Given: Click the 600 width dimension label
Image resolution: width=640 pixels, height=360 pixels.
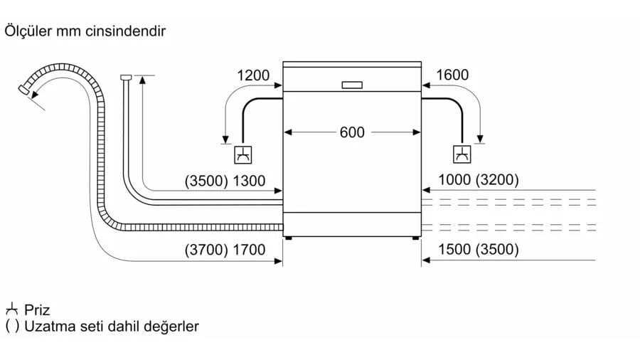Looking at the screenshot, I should tap(352, 132).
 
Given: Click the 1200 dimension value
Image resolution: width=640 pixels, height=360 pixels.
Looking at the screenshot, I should tap(253, 75).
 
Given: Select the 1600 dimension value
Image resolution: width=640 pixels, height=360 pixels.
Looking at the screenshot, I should tap(452, 75).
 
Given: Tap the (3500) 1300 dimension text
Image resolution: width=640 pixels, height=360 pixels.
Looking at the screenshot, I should tap(225, 181).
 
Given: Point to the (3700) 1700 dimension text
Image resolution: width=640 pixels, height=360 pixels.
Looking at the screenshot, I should tap(225, 250).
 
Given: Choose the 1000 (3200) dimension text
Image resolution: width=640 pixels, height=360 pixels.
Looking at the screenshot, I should tap(478, 181).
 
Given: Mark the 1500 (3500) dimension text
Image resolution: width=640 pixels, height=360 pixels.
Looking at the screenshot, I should tap(478, 250).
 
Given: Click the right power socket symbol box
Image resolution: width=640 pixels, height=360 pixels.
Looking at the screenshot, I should tap(463, 154).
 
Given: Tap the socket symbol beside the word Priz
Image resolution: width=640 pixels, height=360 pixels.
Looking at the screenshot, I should tap(11, 310).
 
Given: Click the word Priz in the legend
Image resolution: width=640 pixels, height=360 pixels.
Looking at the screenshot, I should tap(37, 310).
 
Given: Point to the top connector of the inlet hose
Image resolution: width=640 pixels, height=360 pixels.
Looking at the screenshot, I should tap(127, 76).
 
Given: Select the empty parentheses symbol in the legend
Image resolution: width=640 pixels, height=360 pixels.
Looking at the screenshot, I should tap(11, 327).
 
